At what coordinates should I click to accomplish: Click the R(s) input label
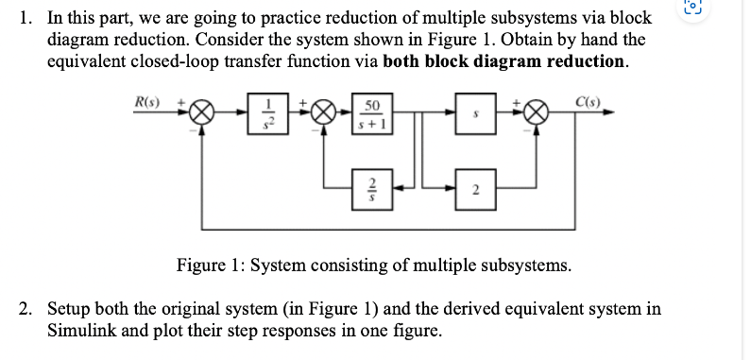148,100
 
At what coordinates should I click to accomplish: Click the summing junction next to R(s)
200,112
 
